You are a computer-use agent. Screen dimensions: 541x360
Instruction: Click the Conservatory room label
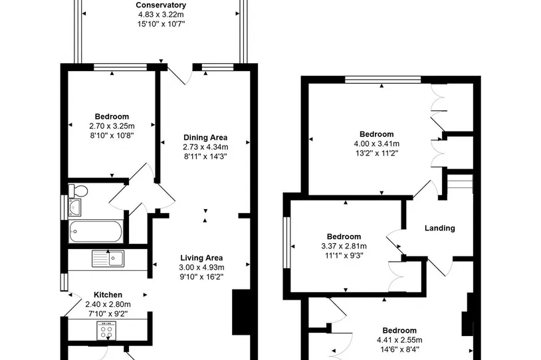point(161,5)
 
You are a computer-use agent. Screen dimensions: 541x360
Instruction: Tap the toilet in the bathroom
point(78,191)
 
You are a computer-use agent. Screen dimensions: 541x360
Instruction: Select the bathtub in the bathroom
point(96,231)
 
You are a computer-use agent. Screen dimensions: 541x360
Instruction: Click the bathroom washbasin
point(74,207)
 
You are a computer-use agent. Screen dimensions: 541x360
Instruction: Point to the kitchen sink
point(108,258)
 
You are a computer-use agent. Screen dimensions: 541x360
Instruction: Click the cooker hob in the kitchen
point(106,331)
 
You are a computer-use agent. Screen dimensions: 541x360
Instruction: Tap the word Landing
point(439,228)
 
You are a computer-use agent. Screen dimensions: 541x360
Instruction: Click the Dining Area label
point(205,137)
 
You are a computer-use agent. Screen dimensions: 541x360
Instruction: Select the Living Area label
point(201,258)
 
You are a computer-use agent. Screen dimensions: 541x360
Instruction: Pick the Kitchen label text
point(108,295)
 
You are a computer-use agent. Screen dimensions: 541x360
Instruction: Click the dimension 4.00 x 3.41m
point(376,143)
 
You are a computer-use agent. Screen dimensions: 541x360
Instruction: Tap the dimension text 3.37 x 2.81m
point(344,246)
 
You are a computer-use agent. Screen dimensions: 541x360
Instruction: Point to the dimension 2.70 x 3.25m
point(112,126)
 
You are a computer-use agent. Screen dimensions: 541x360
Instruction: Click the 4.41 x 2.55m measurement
point(399,340)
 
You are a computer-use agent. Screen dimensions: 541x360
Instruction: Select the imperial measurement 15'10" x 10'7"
point(161,24)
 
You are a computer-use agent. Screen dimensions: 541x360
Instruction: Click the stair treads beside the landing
point(460,181)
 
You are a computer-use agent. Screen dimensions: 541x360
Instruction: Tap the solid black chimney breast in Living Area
point(241,312)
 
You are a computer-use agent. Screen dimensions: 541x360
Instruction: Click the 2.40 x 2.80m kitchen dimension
point(108,304)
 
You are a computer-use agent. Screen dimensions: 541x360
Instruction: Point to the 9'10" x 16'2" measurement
point(201,277)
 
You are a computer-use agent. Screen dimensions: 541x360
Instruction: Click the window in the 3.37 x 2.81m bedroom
point(286,242)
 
